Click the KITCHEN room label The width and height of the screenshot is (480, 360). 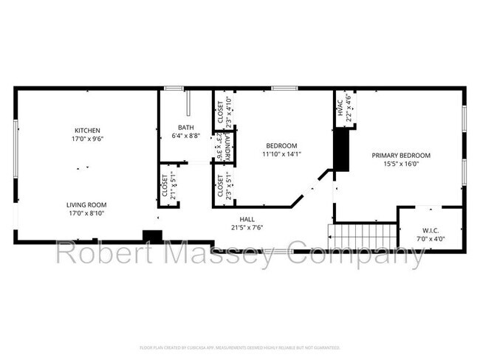tap(87, 130)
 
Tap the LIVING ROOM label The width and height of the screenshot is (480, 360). tap(87, 204)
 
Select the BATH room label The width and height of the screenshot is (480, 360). tap(185, 127)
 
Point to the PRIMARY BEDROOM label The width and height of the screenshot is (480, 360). tap(400, 156)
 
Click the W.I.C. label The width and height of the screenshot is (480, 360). tap(431, 230)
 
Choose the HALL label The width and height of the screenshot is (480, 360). tap(247, 219)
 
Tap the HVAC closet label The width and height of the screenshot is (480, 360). tap(341, 108)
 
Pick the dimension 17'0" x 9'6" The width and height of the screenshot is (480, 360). tap(87, 139)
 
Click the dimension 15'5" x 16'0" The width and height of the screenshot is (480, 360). tap(400, 165)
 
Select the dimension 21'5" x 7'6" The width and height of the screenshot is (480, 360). tap(247, 227)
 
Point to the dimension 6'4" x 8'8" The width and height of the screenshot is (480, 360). tap(185, 136)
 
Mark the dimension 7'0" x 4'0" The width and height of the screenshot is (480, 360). tap(431, 239)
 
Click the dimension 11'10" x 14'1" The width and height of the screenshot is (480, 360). tap(281, 154)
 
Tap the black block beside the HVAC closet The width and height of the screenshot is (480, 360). tap(341, 150)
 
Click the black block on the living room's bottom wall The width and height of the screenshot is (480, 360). tap(152, 236)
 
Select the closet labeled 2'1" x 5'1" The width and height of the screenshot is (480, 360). tap(168, 186)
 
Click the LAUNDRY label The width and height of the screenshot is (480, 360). tap(229, 147)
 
